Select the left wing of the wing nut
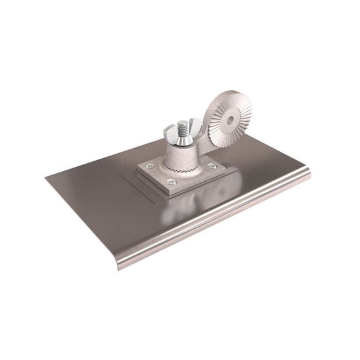169,134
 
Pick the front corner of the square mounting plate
170,190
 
